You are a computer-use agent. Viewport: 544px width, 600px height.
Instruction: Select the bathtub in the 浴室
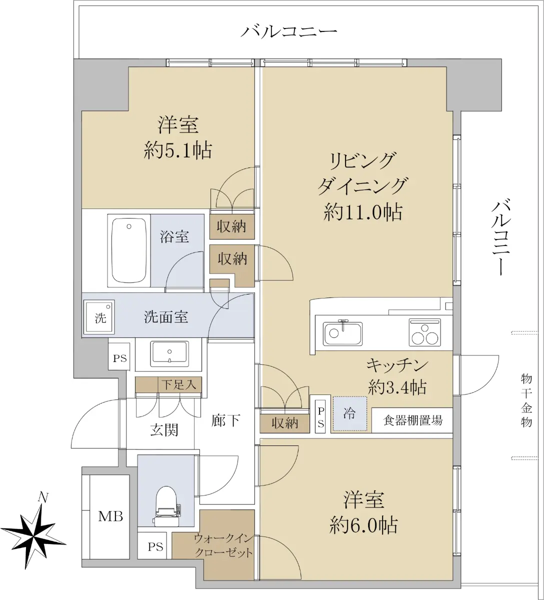[x=129, y=250]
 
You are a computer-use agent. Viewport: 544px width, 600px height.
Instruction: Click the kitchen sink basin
[x=342, y=333]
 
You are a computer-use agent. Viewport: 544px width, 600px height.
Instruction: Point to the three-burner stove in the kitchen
[x=425, y=332]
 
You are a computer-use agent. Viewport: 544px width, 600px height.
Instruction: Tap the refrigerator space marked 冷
[x=350, y=414]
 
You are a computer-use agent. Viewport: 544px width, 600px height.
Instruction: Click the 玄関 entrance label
[x=164, y=430]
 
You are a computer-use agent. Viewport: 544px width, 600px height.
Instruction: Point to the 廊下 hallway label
[x=225, y=420]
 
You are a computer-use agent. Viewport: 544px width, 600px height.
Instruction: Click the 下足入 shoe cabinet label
[x=179, y=384]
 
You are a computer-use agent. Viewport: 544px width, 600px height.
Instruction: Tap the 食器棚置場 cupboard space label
[x=412, y=420]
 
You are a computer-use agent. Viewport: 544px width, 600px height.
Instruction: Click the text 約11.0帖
[x=362, y=212]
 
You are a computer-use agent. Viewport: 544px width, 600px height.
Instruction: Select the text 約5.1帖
[x=177, y=150]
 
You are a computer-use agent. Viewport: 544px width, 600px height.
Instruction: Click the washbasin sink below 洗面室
[x=169, y=353]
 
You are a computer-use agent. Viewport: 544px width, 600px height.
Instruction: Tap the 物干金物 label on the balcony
[x=526, y=400]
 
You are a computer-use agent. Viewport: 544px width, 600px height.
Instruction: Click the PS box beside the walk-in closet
[x=155, y=547]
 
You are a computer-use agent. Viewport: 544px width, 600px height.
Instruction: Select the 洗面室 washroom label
[x=166, y=317]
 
